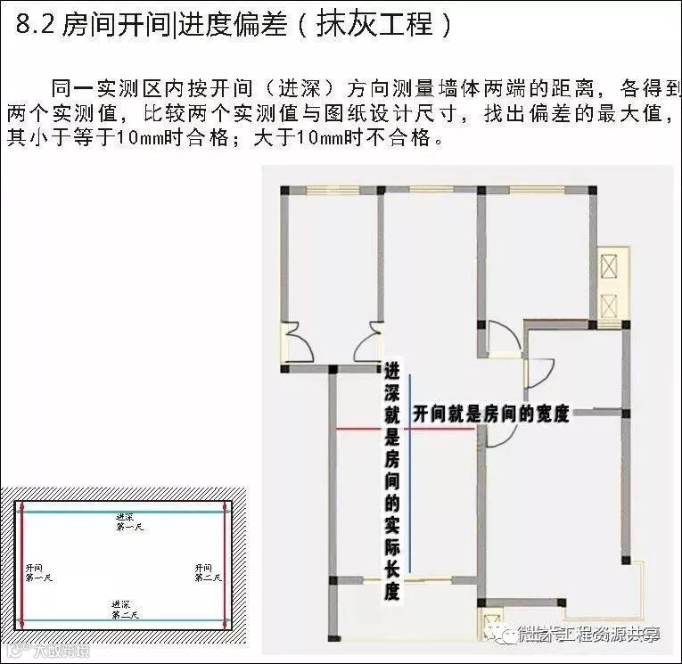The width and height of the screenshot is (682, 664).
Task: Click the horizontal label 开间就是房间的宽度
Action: click(490, 414)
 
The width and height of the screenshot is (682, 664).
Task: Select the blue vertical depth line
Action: click(410, 472)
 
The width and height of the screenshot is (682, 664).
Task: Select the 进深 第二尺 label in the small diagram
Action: click(126, 610)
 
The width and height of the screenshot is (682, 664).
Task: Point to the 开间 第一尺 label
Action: click(38, 572)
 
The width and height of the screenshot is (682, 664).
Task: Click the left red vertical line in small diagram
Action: click(22, 566)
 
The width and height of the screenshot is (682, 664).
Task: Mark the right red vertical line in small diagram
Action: click(226, 566)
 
